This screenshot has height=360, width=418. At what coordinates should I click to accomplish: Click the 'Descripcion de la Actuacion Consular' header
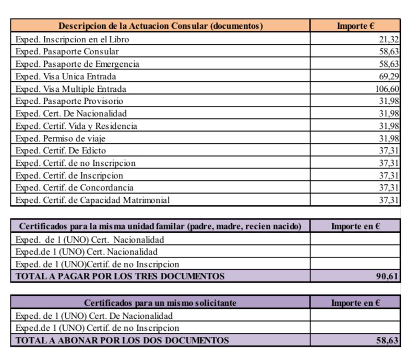click(160, 26)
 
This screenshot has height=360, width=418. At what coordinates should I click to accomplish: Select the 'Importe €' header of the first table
click(356, 26)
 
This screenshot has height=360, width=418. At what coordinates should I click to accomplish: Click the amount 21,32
click(389, 39)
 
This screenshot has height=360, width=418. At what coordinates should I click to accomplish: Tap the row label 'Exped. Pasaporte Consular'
click(67, 51)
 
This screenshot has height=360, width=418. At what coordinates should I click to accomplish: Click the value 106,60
click(387, 89)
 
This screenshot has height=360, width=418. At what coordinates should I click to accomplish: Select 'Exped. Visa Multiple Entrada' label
click(71, 89)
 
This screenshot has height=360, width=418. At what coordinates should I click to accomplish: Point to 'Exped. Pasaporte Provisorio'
click(69, 101)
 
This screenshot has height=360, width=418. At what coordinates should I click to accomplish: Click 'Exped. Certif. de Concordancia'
click(75, 187)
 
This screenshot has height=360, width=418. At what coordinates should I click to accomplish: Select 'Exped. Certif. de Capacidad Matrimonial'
click(92, 200)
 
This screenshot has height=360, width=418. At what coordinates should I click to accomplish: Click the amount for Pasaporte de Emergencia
click(389, 64)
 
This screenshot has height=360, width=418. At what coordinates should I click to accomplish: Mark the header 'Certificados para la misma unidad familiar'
click(160, 226)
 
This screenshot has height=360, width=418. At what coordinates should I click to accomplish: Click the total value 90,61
click(388, 277)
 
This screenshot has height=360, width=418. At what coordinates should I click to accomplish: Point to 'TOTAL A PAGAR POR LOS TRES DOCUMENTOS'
click(120, 276)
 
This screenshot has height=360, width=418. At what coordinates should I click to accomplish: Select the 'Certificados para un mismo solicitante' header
click(160, 303)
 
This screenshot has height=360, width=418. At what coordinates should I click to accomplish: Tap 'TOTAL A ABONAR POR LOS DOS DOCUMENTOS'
click(122, 340)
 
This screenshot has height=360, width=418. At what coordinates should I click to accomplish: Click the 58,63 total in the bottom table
click(388, 341)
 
